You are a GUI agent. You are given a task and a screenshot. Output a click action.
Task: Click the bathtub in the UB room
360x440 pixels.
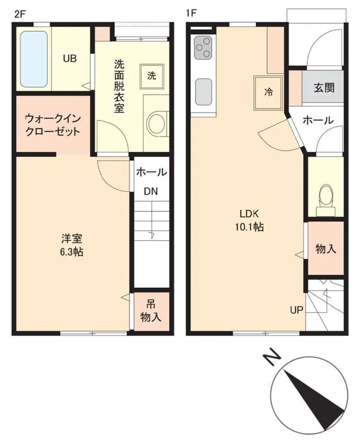click(34, 59)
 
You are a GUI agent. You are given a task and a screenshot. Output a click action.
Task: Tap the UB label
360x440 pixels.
click(70, 59)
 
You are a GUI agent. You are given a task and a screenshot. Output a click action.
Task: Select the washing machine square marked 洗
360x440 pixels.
click(152, 76)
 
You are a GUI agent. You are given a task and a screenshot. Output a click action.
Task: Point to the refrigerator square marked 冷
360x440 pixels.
click(268, 92)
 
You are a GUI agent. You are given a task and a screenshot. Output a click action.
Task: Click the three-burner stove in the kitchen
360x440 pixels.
click(203, 48)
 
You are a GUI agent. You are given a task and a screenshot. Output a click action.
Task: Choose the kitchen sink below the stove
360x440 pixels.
click(203, 92)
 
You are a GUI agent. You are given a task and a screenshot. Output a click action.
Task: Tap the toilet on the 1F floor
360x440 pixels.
click(326, 200)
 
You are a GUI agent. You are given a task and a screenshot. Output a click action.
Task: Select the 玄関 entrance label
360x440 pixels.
click(324, 88)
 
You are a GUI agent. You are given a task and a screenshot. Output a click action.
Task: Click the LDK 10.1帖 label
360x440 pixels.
click(249, 220)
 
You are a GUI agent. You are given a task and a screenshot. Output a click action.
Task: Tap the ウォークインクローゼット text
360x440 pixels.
click(52, 125)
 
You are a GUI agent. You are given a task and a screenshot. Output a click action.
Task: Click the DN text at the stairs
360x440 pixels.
click(151, 191)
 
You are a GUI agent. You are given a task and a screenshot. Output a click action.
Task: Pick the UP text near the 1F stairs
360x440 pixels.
click(297, 310)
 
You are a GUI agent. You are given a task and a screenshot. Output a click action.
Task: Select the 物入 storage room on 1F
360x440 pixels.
click(326, 248)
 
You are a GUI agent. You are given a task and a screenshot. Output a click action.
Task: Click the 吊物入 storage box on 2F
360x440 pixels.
click(151, 312)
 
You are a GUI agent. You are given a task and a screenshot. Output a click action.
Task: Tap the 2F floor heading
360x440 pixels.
click(20, 14)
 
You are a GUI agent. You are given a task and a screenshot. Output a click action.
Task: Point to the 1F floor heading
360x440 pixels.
click(191, 13)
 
